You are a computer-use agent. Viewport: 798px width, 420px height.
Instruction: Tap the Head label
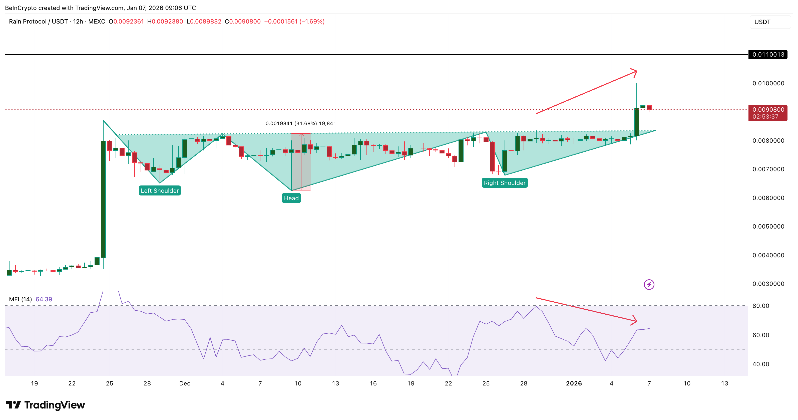291,198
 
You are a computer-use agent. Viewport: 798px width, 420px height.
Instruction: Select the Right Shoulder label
504,183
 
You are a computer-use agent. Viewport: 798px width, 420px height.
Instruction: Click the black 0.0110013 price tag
768,55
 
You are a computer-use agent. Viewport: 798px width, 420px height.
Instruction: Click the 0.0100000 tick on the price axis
768,83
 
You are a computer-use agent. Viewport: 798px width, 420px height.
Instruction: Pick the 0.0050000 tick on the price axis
768,227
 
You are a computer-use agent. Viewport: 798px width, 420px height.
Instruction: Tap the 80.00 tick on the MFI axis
760,306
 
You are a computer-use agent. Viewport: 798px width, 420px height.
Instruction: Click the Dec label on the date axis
185,383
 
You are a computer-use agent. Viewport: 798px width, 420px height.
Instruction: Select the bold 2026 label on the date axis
574,383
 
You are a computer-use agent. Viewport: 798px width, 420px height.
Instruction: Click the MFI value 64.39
44,299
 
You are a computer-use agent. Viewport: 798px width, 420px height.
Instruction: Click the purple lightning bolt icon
649,284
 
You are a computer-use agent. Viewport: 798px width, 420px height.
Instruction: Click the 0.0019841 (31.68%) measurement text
300,123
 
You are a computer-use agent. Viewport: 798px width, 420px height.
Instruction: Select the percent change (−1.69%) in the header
312,21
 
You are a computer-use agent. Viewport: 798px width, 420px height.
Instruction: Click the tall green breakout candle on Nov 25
103,198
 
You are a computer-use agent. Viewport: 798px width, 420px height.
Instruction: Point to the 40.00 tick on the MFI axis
760,364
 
